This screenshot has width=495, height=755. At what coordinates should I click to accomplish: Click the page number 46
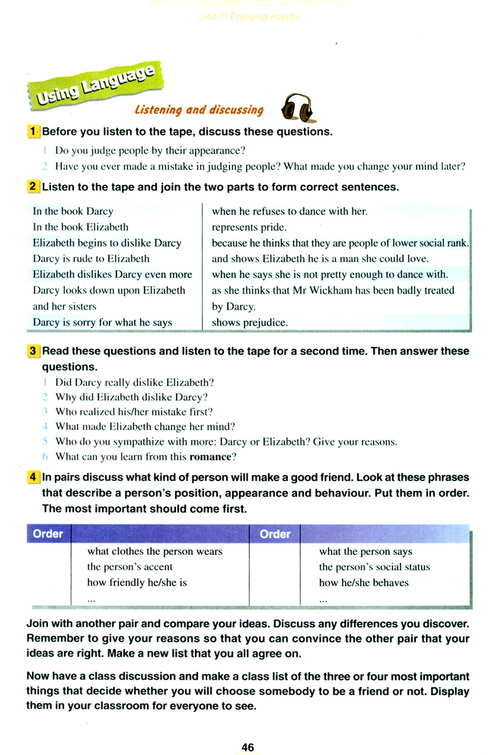coord(247,726)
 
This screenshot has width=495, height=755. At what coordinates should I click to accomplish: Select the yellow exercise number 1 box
coord(33,132)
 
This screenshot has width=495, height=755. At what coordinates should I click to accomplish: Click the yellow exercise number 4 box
coord(33,477)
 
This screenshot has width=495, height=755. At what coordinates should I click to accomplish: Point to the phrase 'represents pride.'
coord(249,227)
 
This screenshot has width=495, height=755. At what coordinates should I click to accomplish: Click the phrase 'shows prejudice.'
coord(250,323)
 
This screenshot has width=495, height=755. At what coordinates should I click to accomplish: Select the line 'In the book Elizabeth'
coord(81,227)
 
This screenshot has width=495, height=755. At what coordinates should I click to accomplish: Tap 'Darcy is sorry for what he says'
coord(102,323)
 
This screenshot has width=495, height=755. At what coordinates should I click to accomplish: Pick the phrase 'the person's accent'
coord(130,567)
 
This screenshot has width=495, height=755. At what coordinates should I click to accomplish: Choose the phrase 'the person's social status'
coord(375,567)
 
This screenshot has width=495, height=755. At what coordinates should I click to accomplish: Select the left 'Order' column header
coord(47,534)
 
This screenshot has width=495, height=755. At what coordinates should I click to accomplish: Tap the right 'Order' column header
coord(275,534)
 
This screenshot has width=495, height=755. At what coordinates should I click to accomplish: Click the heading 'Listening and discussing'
coord(199,110)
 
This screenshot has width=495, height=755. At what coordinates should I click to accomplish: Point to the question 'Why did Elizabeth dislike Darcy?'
coord(131,397)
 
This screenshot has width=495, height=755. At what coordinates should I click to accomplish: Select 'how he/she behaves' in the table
coord(364,583)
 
